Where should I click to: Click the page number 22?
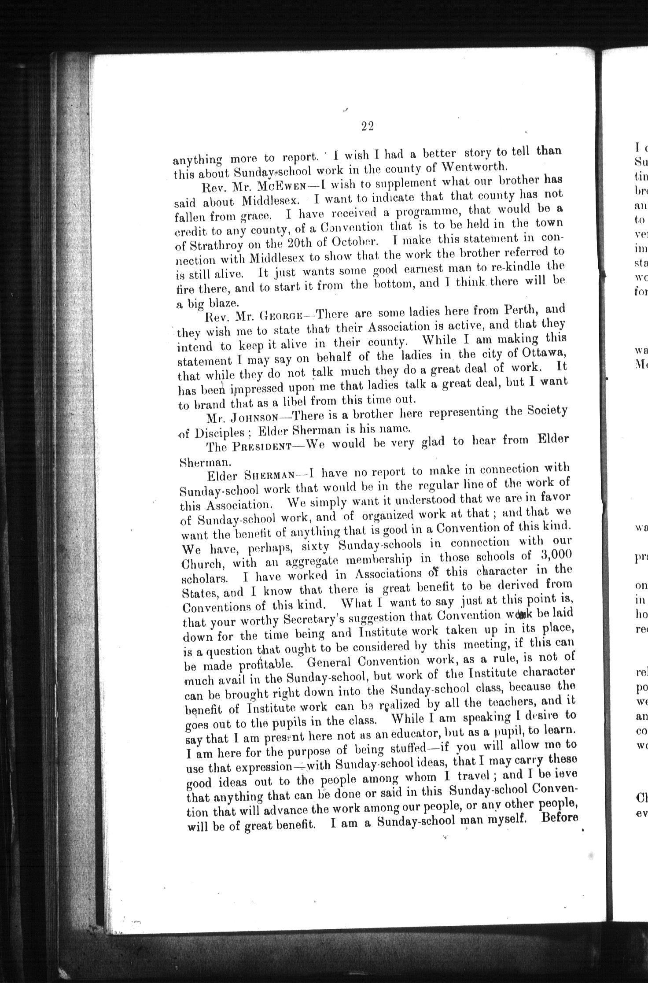367,126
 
